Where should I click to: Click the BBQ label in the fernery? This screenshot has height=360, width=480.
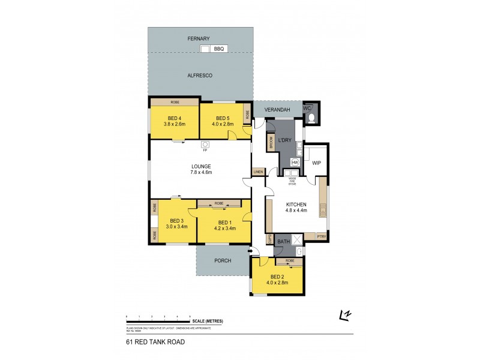tap(218, 49)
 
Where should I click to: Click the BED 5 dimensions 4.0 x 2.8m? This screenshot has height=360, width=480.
tap(223, 124)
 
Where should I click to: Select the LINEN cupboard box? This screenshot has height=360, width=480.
tap(258, 172)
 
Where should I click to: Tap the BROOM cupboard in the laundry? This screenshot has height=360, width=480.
tap(271, 142)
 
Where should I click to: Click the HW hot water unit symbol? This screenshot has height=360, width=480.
tap(295, 162)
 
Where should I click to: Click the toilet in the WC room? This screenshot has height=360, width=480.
tap(310, 117)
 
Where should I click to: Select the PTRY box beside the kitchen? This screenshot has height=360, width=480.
tap(321, 236)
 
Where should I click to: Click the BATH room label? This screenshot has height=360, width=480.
tap(284, 241)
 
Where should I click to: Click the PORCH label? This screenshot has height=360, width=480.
tap(223, 260)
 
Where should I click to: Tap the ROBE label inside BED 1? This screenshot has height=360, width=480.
tap(219, 203)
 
